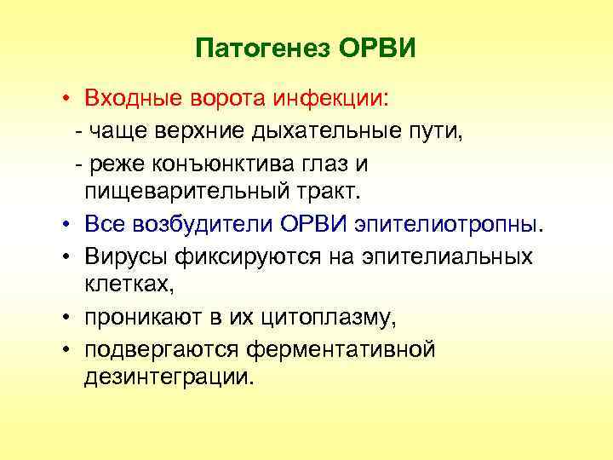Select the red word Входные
click(129, 99)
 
